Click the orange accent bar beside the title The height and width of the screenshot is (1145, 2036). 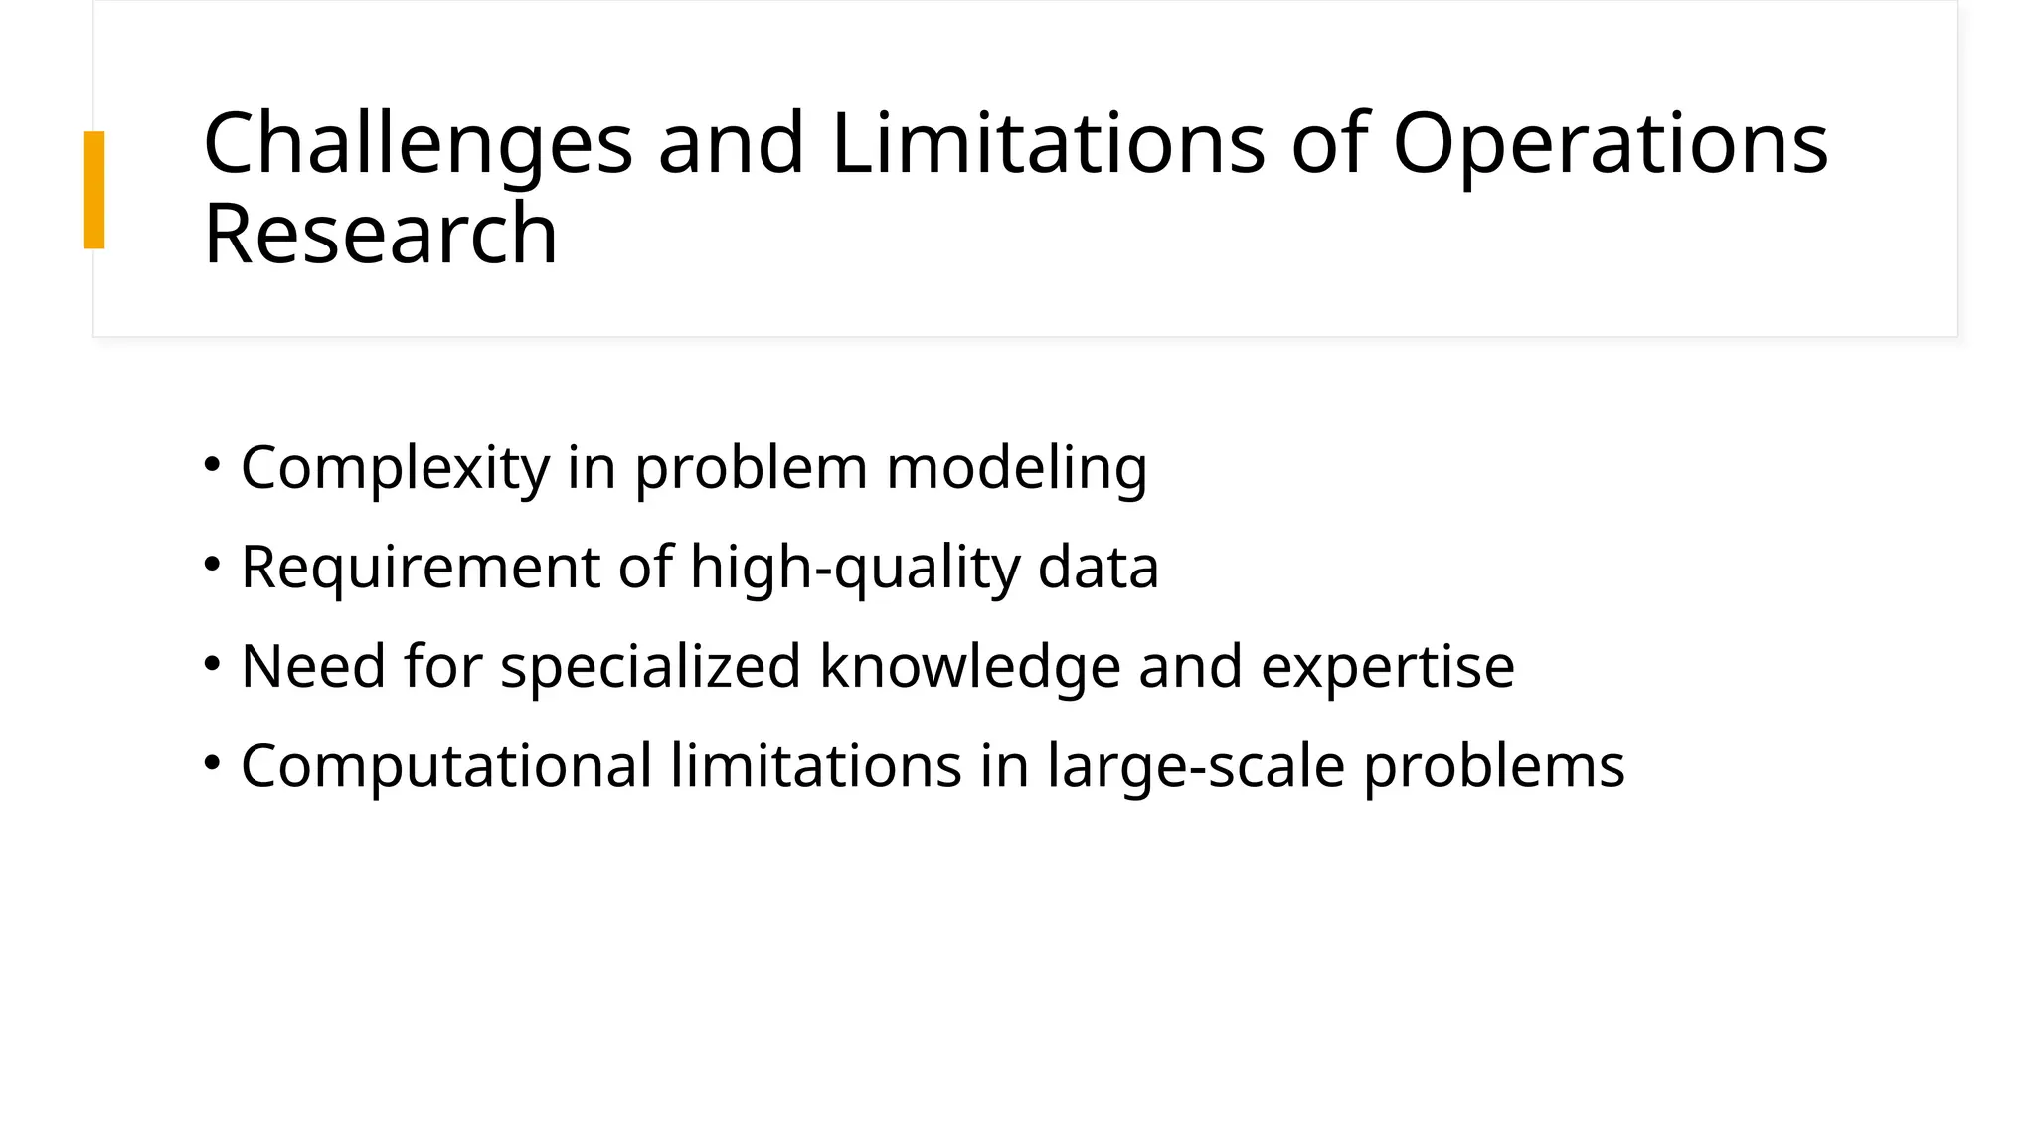pos(93,190)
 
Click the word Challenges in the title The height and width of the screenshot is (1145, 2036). pos(418,144)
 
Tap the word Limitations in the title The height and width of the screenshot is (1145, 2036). pos(1048,144)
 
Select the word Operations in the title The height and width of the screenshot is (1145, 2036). pos(1610,144)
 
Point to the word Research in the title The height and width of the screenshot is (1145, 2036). pos(380,235)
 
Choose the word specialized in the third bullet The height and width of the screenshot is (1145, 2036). pos(650,666)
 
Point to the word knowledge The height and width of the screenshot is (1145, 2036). pos(969,666)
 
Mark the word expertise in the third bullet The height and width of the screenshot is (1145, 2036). pos(1387,666)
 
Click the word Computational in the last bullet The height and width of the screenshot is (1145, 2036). pos(446,766)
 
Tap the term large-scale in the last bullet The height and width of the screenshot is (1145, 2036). pos(1195,766)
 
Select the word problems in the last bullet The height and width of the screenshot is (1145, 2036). pos(1493,766)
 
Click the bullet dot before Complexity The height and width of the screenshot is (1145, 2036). pos(212,464)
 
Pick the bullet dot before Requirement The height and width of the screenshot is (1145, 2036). pos(212,564)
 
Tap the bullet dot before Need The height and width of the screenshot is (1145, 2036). pos(212,663)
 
